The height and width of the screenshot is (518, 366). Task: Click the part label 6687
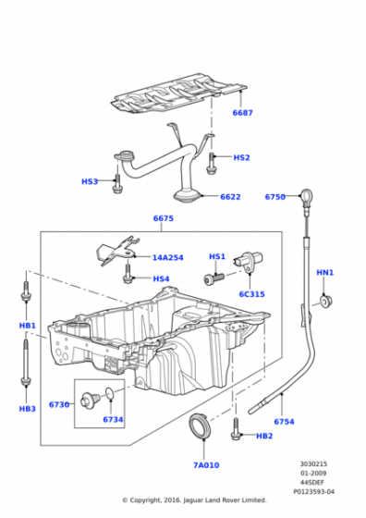[242, 113]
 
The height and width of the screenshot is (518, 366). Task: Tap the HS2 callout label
[241, 157]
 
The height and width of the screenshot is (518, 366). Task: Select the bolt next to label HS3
[117, 183]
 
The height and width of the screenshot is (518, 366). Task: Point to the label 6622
[230, 197]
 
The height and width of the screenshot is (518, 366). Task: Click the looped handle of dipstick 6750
[306, 195]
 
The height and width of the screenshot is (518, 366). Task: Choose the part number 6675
[164, 218]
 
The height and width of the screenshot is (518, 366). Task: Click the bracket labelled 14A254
[117, 250]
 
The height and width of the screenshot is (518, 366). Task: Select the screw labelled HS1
[213, 278]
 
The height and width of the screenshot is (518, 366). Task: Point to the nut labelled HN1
[326, 301]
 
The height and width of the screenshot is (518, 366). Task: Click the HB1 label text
[28, 326]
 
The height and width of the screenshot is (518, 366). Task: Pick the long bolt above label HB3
[25, 363]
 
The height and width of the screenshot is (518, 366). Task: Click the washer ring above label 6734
[110, 393]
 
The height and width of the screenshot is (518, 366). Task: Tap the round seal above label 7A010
[199, 425]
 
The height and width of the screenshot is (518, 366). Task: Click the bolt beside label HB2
[236, 429]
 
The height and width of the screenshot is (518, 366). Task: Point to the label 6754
[284, 422]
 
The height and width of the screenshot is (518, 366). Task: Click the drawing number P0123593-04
[314, 491]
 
